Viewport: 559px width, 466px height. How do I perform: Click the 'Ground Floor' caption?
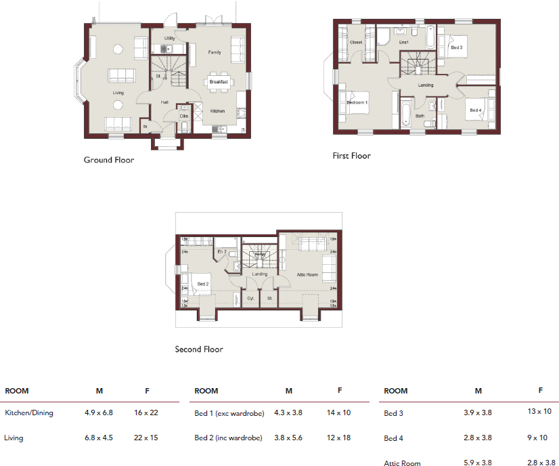coord(108,161)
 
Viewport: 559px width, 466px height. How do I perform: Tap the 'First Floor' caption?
coord(351,156)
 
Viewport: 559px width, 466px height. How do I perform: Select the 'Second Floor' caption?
coord(199,349)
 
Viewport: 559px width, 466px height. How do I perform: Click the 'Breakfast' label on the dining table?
coord(219,82)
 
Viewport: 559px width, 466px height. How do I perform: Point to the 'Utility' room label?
coord(169,39)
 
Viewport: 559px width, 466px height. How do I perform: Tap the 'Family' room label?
coord(215,52)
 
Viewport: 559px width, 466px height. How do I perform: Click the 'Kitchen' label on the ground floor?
coord(217,110)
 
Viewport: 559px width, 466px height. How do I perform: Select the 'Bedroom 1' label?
coord(357,102)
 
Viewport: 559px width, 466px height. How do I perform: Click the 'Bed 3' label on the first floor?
coord(456,47)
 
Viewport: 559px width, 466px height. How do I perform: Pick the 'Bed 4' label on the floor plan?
coord(474,110)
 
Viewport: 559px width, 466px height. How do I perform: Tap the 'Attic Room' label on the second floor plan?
coord(307,274)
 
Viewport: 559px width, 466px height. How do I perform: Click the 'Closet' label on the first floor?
coord(356,42)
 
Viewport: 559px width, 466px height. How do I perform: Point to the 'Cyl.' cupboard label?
coord(250,297)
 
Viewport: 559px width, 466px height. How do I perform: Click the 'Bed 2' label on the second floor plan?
coord(202,284)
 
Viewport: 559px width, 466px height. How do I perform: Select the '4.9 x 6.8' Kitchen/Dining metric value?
coord(98,412)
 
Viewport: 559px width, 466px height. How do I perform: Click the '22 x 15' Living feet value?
coord(146,438)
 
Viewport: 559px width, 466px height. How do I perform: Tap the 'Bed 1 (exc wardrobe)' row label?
coord(229,412)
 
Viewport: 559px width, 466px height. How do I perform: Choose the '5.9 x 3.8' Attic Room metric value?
coord(478,464)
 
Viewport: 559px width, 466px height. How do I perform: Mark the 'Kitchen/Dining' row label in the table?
coord(29,412)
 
